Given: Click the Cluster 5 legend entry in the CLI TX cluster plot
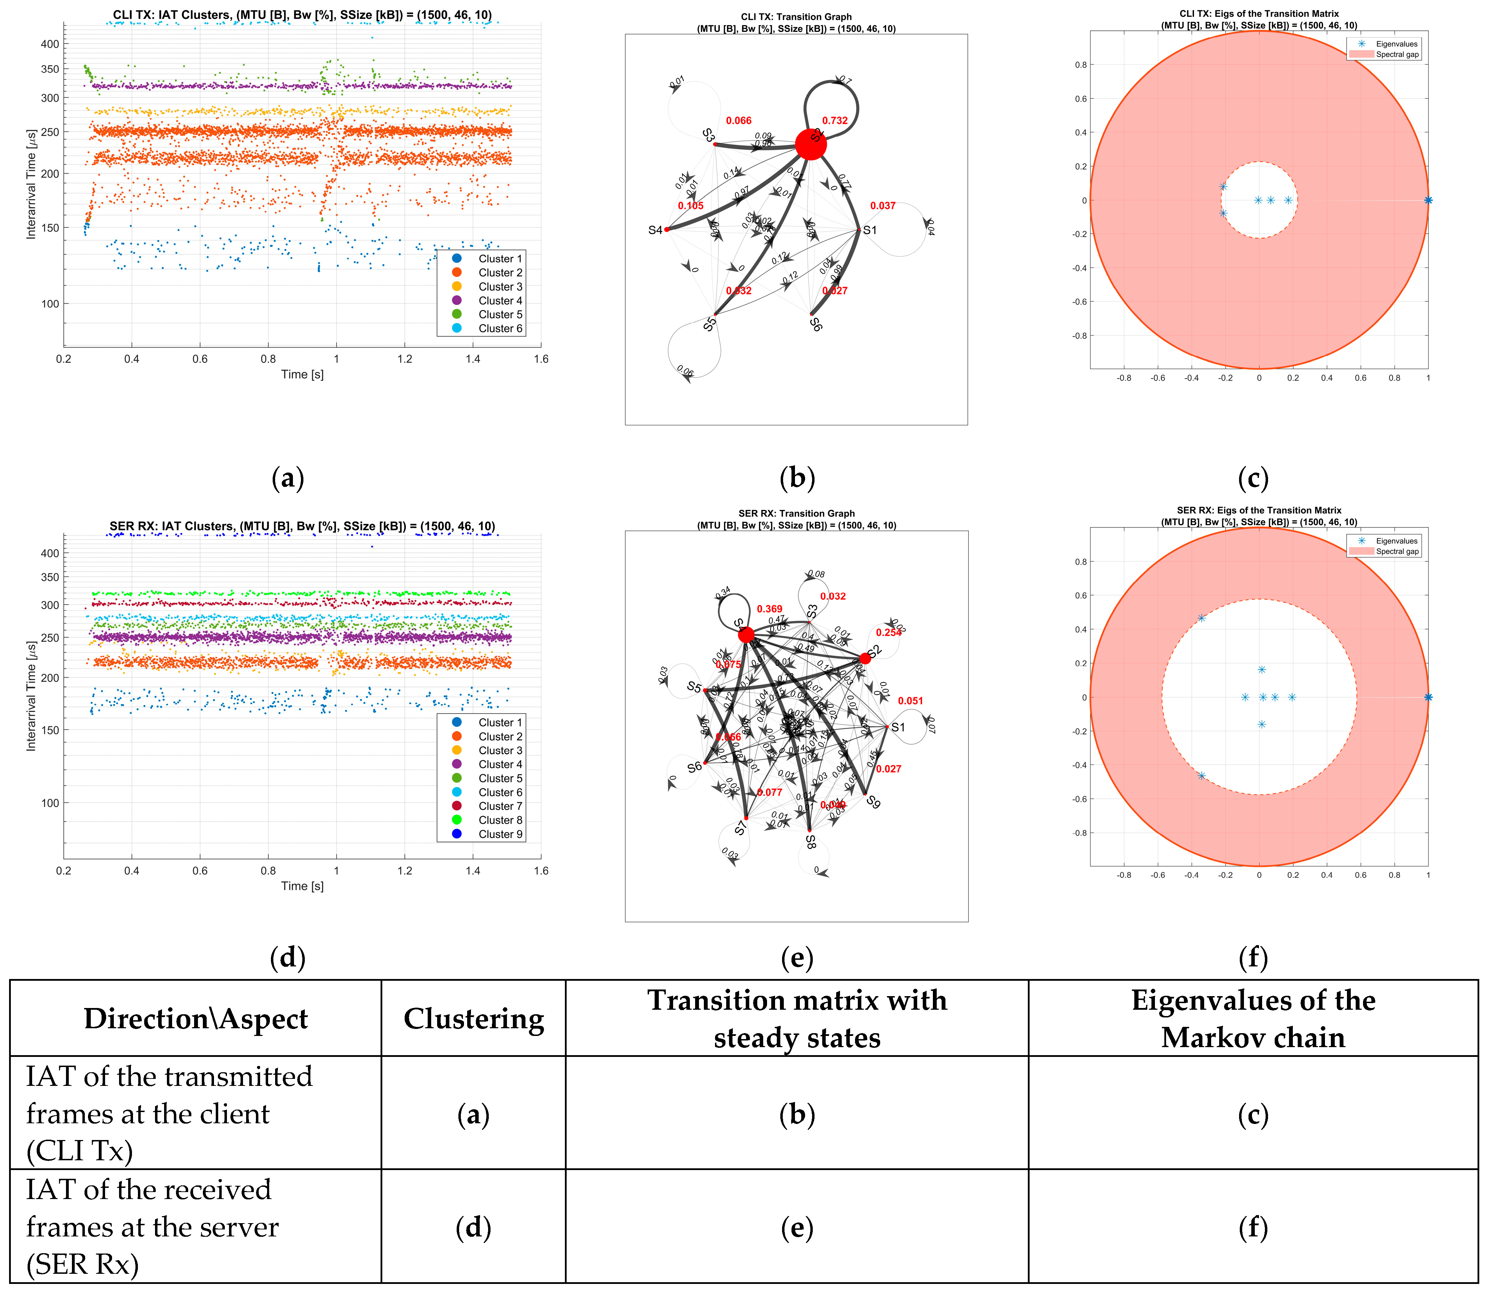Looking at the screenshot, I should pyautogui.click(x=499, y=315).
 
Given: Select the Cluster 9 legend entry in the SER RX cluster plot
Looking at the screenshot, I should pyautogui.click(x=499, y=834).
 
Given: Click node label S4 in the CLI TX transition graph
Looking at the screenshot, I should pyautogui.click(x=655, y=230).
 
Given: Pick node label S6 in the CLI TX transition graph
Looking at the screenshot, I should pyautogui.click(x=816, y=325).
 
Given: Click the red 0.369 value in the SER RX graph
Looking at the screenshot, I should pyautogui.click(x=769, y=609).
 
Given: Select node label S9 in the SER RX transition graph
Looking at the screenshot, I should pyautogui.click(x=874, y=802).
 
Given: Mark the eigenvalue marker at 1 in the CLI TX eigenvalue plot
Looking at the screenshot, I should pyautogui.click(x=1428, y=200).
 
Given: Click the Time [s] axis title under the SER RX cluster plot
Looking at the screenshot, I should pyautogui.click(x=302, y=886).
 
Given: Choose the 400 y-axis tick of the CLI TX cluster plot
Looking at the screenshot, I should pyautogui.click(x=50, y=44).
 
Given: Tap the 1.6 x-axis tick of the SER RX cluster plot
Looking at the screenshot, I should pyautogui.click(x=541, y=871).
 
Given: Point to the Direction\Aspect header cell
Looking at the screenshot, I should pyautogui.click(x=196, y=1019).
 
